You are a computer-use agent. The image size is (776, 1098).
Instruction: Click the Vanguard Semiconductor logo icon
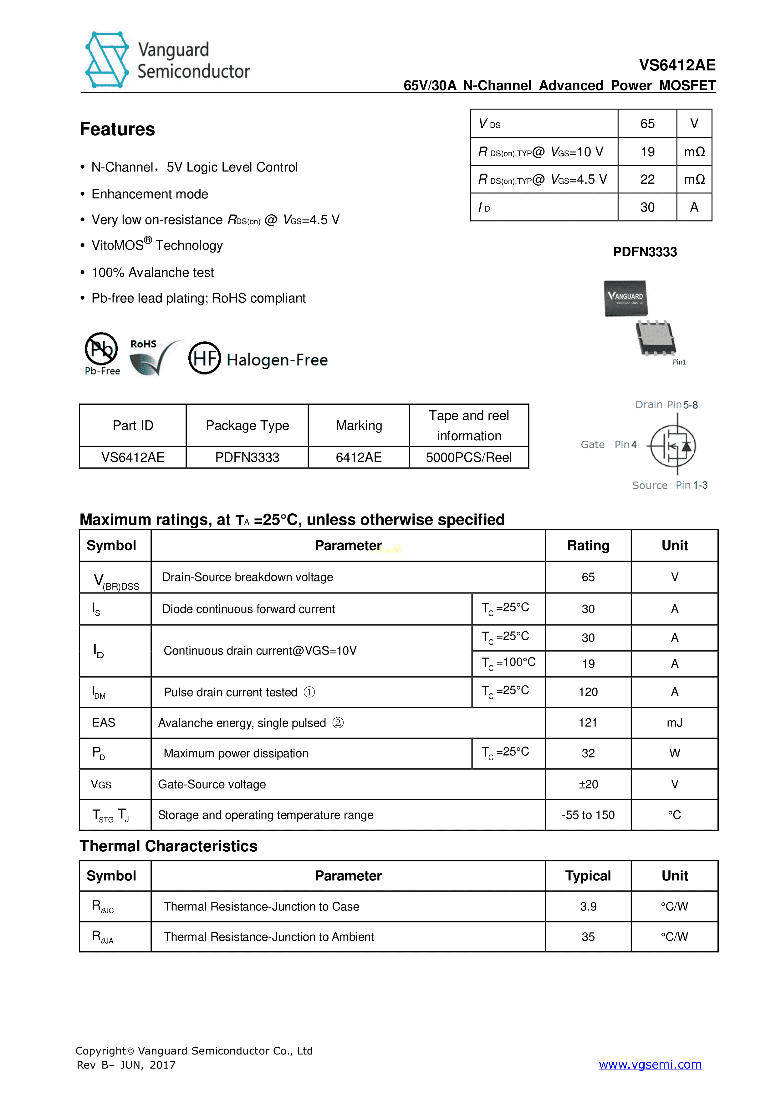tap(107, 60)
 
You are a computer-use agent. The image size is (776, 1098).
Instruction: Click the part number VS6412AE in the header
tap(677, 65)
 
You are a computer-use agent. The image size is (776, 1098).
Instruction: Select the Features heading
tap(117, 129)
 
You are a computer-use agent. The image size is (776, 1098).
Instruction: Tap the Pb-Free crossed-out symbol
tap(101, 349)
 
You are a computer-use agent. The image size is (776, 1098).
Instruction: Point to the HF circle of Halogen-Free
tap(204, 358)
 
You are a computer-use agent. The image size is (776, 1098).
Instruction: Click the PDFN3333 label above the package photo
tap(645, 252)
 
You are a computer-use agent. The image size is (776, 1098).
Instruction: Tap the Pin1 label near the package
tap(679, 362)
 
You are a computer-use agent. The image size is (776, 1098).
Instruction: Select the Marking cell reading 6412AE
tap(359, 458)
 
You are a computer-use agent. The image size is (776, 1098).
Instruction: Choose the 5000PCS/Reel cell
tap(468, 458)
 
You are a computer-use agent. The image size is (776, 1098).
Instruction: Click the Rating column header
tap(588, 546)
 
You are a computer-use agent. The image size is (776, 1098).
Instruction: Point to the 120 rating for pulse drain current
tap(588, 692)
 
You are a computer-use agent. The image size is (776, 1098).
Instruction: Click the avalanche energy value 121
tap(588, 723)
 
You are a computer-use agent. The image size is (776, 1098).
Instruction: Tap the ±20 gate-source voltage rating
tap(588, 784)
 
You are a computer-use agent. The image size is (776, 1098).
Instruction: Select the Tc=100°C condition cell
tap(508, 663)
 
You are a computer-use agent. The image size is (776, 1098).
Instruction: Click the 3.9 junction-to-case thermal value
tap(588, 907)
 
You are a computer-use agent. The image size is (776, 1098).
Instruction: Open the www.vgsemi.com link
tap(650, 1064)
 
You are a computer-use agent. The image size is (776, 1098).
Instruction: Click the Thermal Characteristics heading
tap(168, 846)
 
